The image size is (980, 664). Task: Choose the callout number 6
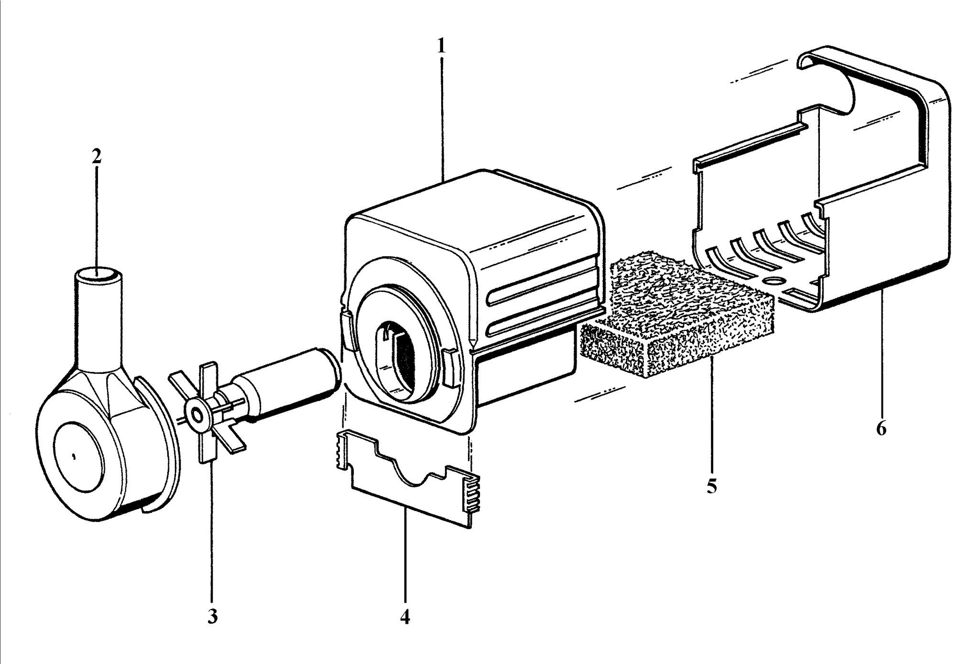tap(881, 428)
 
